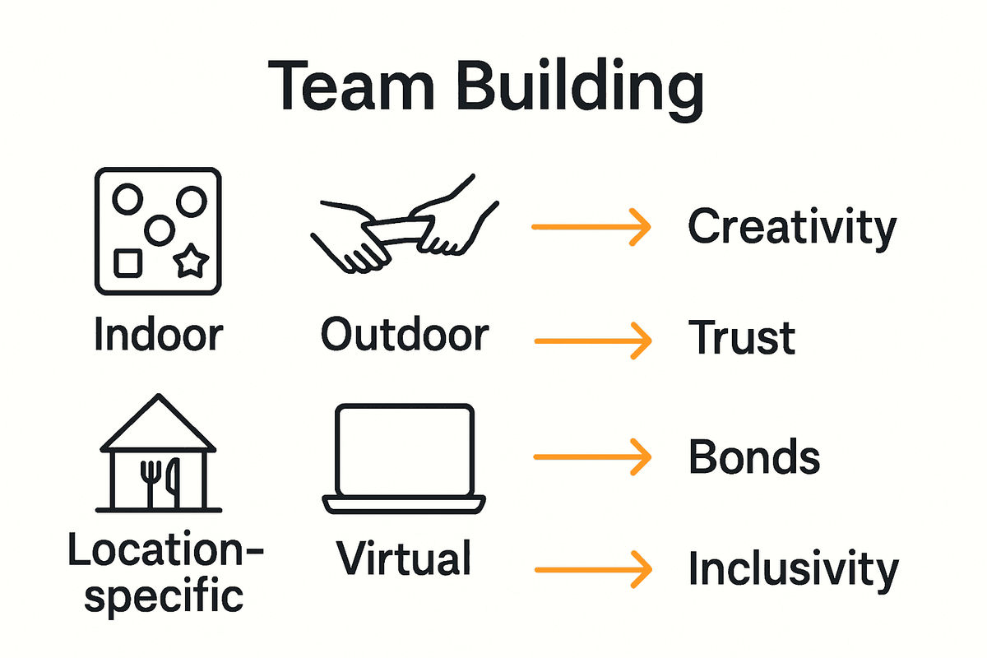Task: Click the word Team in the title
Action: click(352, 87)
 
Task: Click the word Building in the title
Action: click(581, 89)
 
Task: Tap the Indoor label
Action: click(158, 335)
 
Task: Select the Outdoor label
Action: click(405, 335)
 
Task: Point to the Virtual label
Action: click(404, 558)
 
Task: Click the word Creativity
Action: click(791, 227)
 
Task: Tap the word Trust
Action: click(741, 337)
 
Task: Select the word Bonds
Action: click(753, 456)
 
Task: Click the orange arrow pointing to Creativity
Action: click(591, 226)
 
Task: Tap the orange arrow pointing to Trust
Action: click(591, 339)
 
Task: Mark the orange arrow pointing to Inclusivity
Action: click(591, 568)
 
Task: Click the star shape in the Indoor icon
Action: click(192, 262)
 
